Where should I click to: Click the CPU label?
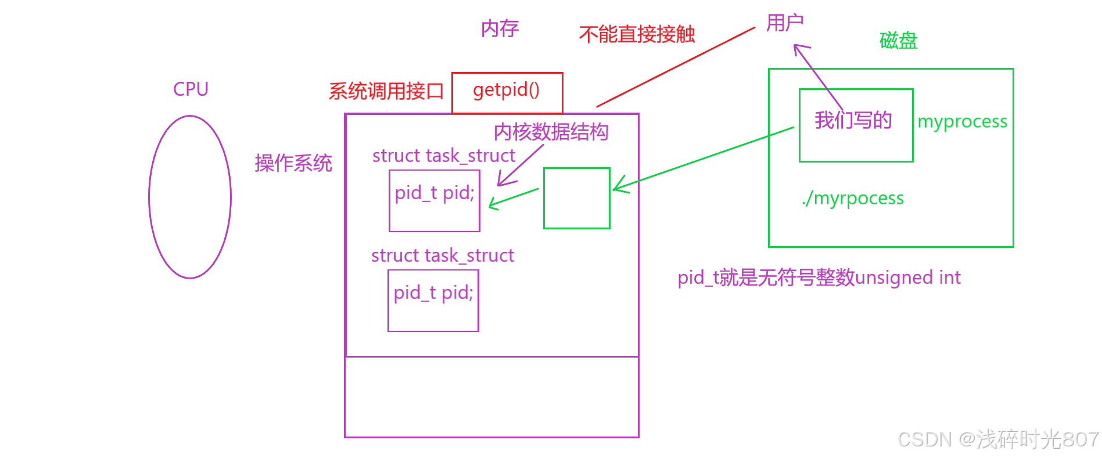click(x=191, y=89)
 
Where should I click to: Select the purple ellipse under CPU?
click(x=190, y=197)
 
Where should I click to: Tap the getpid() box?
click(x=507, y=92)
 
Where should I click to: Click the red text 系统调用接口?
click(x=386, y=91)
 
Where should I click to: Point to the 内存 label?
click(x=500, y=28)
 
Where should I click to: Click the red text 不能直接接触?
click(x=637, y=34)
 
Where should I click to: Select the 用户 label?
click(x=785, y=23)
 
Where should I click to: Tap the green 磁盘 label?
click(x=898, y=41)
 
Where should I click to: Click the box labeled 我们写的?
click(x=856, y=125)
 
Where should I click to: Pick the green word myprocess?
click(x=962, y=121)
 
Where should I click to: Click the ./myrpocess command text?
click(x=853, y=198)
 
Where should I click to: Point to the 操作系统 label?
click(x=293, y=163)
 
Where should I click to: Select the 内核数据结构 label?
click(x=551, y=132)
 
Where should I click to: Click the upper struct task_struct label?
click(x=444, y=156)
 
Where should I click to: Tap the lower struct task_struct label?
click(x=443, y=255)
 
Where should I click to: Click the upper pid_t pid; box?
click(x=435, y=201)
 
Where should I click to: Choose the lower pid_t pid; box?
click(x=433, y=301)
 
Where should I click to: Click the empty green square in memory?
click(x=576, y=198)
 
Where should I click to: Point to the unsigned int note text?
click(x=819, y=277)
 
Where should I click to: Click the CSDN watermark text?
click(x=997, y=439)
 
